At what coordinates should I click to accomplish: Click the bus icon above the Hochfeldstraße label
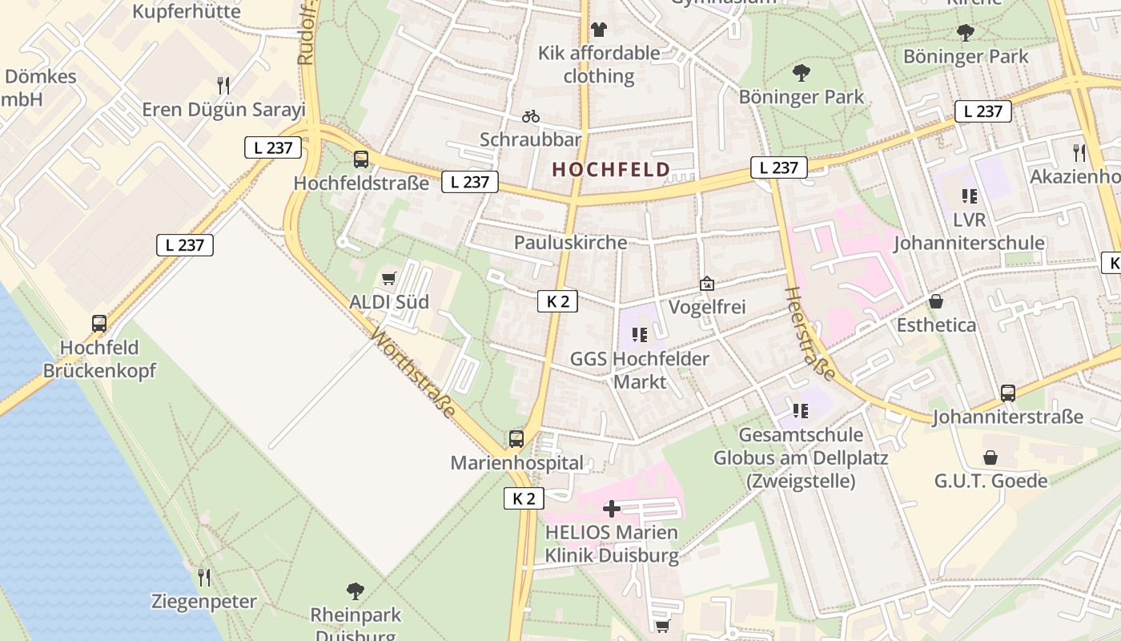coord(361,159)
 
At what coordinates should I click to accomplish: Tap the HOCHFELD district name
coord(611,170)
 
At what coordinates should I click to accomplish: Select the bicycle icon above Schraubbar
coord(530,117)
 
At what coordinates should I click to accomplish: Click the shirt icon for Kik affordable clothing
coord(599,30)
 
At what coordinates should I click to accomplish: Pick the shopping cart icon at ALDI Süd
coord(389,279)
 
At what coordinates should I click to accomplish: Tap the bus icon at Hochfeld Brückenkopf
coord(99,324)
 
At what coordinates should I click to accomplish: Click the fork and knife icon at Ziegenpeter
coord(204,577)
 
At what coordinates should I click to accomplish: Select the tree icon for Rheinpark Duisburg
coord(356,591)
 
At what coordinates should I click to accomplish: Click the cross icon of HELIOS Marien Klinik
coord(612,509)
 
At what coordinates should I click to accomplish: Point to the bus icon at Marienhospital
coord(516,439)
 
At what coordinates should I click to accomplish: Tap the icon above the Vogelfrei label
coord(706,284)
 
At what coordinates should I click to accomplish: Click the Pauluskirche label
coord(570,242)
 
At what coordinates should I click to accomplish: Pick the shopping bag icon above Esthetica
coord(935,302)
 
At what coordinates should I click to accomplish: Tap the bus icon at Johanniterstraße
coord(1007,393)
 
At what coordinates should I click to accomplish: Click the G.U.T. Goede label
coord(990,481)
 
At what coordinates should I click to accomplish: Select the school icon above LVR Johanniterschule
coord(970,196)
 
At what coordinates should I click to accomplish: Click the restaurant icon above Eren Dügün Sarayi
coord(223,85)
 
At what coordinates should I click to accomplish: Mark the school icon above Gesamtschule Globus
coord(800,411)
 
